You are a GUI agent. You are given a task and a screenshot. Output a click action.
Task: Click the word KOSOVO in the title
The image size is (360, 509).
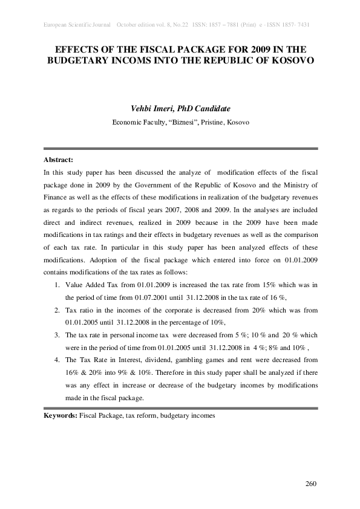point(287,60)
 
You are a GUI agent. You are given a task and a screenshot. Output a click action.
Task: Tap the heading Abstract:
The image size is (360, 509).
point(58,160)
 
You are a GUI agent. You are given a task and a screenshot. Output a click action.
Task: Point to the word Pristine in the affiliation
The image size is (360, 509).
point(209,122)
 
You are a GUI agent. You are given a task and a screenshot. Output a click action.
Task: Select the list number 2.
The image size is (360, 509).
point(57,309)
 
